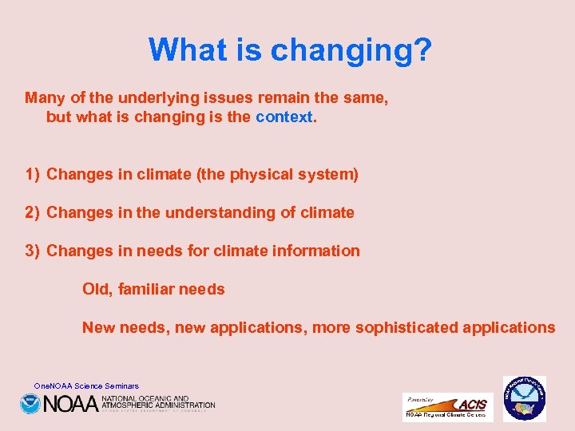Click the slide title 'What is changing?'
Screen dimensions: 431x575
pos(290,49)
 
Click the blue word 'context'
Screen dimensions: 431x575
pos(285,117)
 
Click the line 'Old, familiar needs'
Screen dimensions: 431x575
pos(153,289)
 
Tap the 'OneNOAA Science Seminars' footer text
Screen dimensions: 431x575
pos(86,386)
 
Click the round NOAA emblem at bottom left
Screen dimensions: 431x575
pos(30,404)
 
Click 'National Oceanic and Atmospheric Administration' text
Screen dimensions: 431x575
pos(157,402)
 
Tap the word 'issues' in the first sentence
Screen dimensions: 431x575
pos(226,98)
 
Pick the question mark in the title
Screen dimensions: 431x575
pos(422,49)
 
